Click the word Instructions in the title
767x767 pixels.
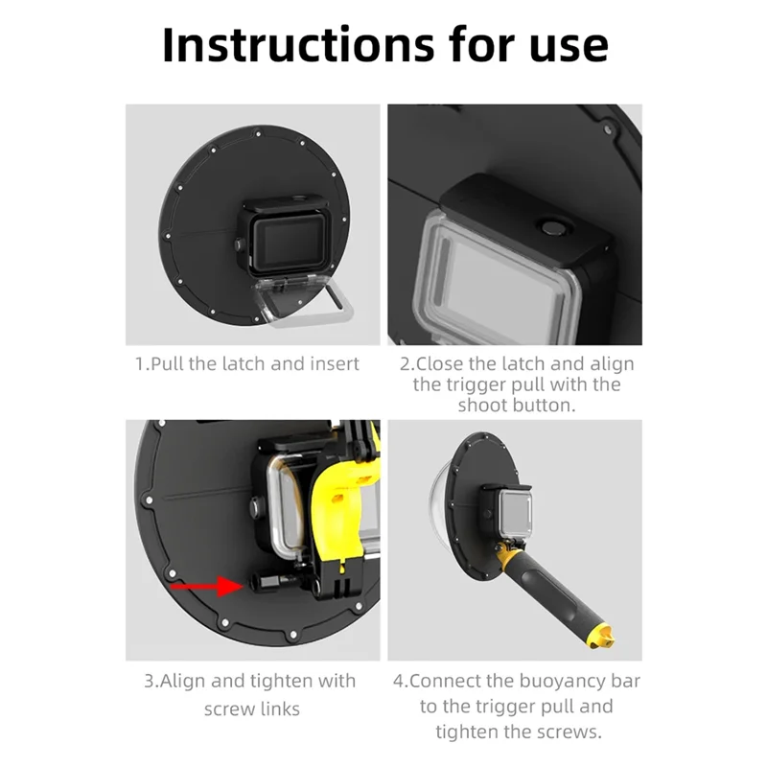pos(298,45)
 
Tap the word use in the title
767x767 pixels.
pos(569,49)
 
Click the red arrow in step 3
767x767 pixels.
pos(206,586)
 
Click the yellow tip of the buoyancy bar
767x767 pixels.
pos(603,637)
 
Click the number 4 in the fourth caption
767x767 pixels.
pos(398,681)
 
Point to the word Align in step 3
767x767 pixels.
pos(181,682)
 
